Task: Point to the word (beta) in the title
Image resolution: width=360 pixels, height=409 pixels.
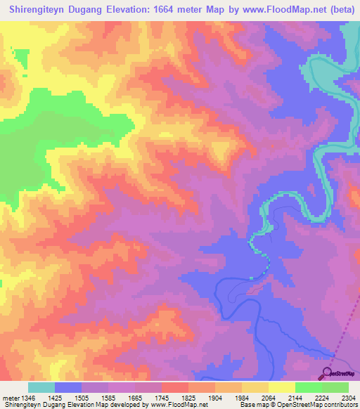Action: click(339, 10)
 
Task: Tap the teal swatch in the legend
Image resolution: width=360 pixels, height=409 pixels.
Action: click(41, 387)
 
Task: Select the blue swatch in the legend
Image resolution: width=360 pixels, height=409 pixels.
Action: click(68, 387)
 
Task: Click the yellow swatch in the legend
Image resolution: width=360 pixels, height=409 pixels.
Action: click(281, 387)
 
